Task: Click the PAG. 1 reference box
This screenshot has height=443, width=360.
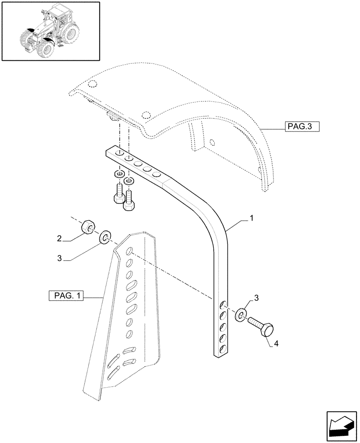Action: tap(64, 296)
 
